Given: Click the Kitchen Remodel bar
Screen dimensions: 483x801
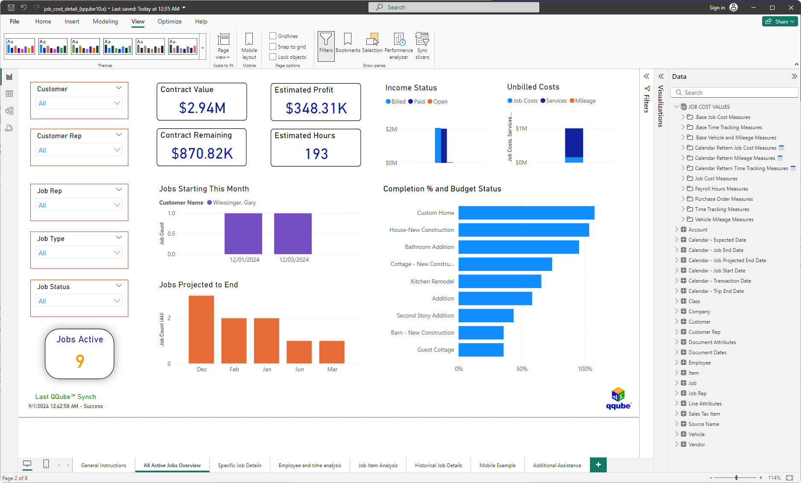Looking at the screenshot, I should [500, 281].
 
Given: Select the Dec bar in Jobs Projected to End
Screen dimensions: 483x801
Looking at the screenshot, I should [201, 329].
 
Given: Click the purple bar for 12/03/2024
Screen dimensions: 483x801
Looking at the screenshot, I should [293, 234].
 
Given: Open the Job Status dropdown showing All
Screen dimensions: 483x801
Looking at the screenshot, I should [79, 301].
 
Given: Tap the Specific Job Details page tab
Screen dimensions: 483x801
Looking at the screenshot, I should [240, 465].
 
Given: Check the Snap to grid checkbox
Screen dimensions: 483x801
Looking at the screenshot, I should [273, 46].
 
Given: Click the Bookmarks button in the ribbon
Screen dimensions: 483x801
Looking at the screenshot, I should [348, 43].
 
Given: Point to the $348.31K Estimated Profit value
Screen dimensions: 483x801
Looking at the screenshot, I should [316, 108].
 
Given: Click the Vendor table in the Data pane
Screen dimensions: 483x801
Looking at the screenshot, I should [696, 444].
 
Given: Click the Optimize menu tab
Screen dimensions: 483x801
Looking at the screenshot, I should [170, 21].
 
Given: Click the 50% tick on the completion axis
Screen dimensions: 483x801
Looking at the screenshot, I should [522, 369].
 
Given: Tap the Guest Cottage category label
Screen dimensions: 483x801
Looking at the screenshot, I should [436, 350].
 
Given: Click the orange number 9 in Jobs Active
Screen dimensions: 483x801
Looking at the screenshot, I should [80, 361].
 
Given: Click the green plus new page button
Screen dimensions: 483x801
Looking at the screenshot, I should [598, 465].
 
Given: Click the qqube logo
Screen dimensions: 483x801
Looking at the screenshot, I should [618, 399].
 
